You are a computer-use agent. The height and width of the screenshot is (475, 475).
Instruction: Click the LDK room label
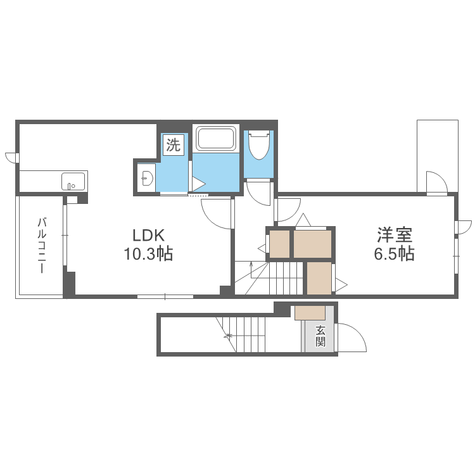click(x=148, y=235)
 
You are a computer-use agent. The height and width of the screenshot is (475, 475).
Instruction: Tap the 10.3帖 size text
click(x=148, y=254)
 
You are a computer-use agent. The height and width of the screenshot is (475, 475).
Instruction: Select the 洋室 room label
click(x=395, y=235)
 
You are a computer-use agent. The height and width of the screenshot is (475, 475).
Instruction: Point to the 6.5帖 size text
click(x=394, y=254)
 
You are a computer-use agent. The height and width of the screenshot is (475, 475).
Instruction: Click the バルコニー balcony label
click(x=42, y=245)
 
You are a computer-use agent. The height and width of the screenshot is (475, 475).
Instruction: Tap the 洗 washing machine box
click(x=174, y=145)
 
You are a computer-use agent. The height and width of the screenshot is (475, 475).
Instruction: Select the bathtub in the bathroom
click(x=216, y=138)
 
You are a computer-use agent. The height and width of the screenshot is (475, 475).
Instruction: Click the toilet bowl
click(x=259, y=145)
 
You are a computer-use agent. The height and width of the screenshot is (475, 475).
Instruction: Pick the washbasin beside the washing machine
click(x=147, y=178)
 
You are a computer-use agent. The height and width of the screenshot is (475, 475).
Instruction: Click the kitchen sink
click(x=73, y=182)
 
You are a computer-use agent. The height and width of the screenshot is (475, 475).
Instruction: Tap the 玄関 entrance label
click(x=320, y=336)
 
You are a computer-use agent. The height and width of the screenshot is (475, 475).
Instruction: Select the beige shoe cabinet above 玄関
click(x=310, y=313)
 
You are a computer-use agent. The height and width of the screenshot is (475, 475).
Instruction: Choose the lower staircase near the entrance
click(x=240, y=334)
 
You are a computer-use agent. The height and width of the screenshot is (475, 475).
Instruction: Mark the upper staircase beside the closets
click(x=269, y=278)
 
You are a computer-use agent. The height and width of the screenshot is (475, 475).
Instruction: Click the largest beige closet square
click(x=312, y=244)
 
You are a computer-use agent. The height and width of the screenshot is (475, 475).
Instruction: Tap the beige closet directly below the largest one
click(x=319, y=278)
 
